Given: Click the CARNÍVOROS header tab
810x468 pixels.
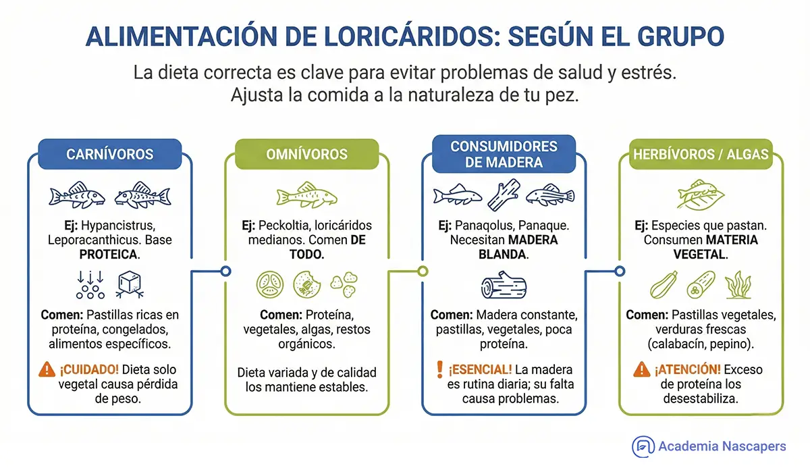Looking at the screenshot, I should click(110, 154).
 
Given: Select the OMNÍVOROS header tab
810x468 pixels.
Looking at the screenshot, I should click(306, 154).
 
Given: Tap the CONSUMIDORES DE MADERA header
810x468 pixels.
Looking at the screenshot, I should click(504, 154).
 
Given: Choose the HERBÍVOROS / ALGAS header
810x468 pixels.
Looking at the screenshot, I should click(700, 154).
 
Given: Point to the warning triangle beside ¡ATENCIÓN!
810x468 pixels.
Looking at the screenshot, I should click(642, 369).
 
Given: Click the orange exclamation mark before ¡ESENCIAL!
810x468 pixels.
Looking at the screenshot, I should click(440, 369).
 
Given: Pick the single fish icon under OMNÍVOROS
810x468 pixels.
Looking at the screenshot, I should click(307, 195).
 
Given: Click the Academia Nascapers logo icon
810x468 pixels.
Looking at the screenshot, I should click(643, 446).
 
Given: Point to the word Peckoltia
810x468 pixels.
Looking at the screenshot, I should click(296, 226).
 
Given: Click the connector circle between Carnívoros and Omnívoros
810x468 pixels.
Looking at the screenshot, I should click(225, 271).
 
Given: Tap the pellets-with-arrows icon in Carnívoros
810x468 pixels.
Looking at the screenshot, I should click(89, 285).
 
